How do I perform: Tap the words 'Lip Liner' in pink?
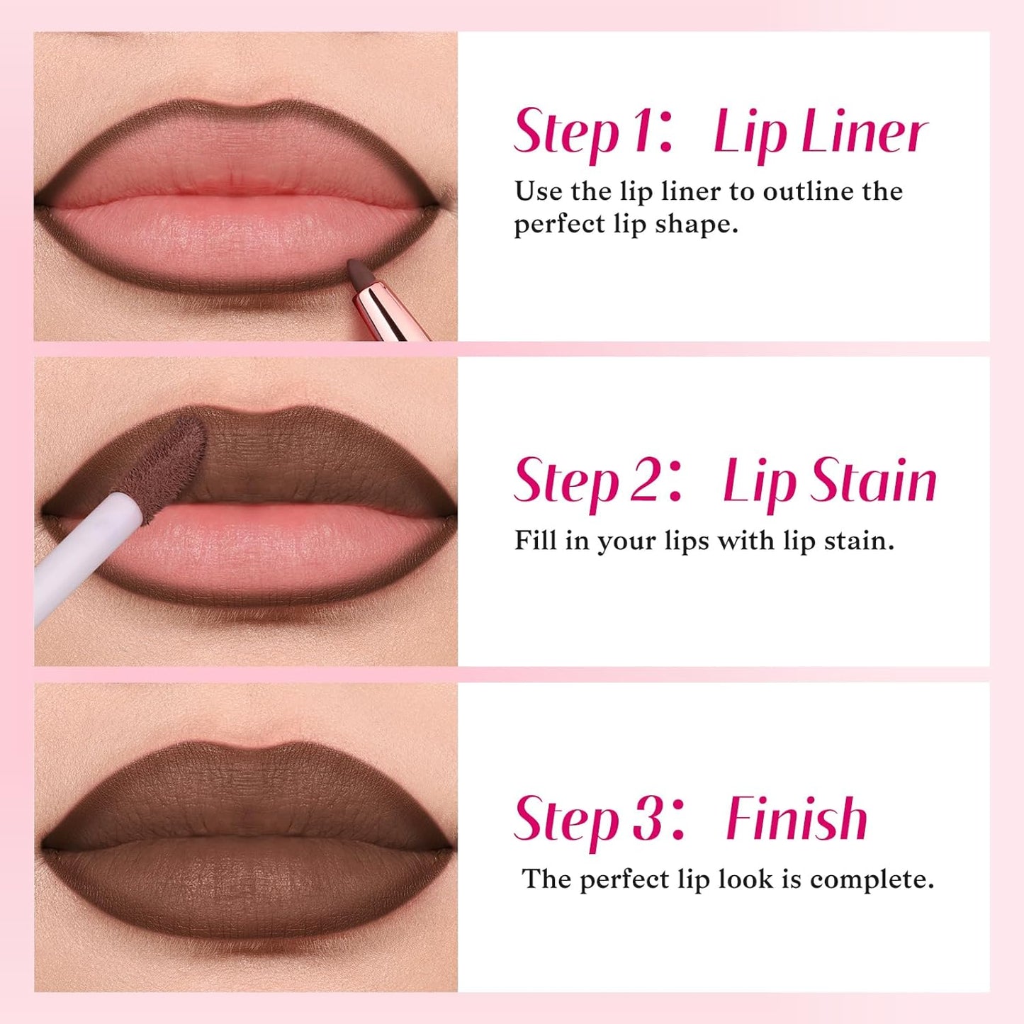click(x=820, y=133)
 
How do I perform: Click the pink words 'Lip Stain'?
click(x=829, y=481)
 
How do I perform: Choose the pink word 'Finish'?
click(x=797, y=818)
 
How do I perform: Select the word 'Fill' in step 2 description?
click(x=535, y=541)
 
